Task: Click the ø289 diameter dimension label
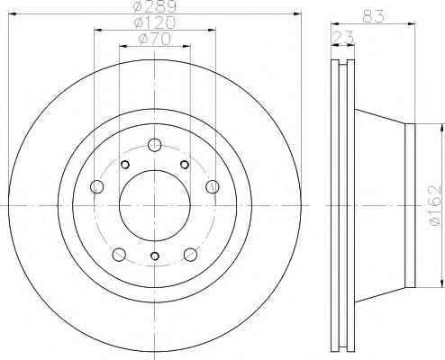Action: pos(155,6)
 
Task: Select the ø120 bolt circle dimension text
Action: pos(155,22)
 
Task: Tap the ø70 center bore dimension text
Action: pos(155,40)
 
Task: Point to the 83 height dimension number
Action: pos(373,16)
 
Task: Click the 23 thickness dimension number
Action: pos(343,38)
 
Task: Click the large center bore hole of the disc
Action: pos(155,205)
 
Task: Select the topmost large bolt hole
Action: pos(155,145)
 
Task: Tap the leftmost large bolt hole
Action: pos(97,187)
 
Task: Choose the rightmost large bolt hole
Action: pos(213,186)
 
